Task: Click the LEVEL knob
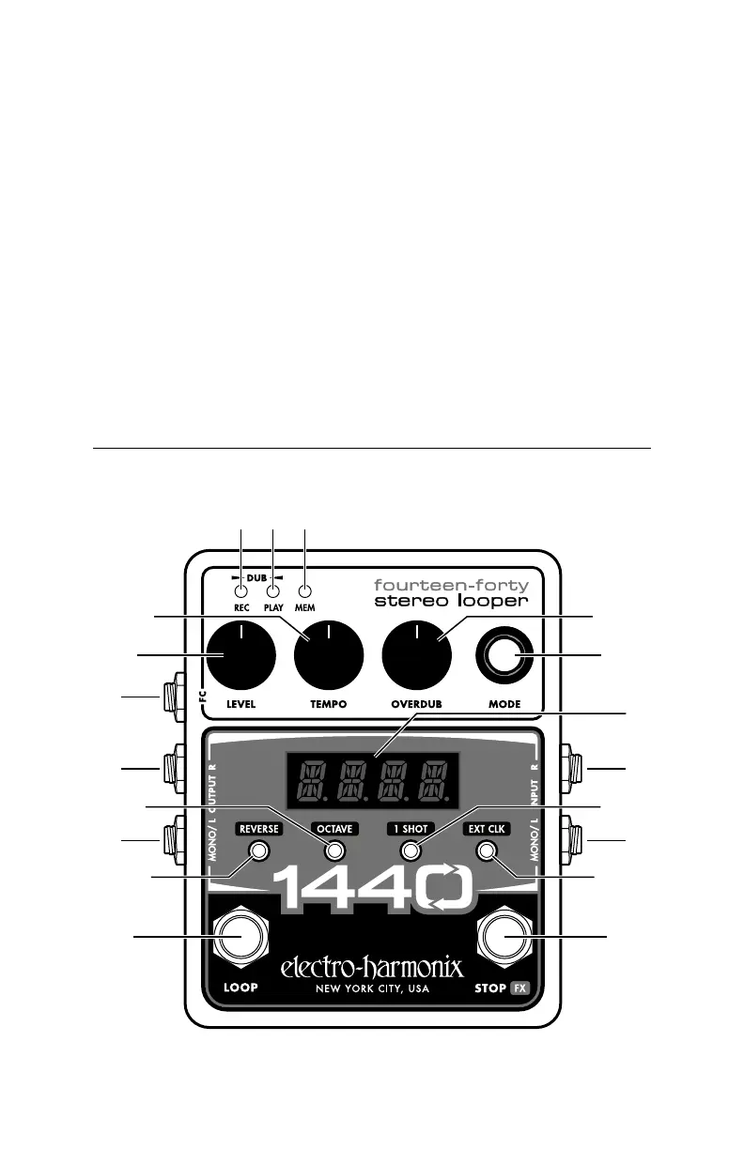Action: click(240, 655)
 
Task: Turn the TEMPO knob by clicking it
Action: click(329, 655)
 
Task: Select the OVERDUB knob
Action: click(417, 655)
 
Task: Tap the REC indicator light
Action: click(241, 591)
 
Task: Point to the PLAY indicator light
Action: click(273, 591)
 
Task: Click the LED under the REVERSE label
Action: click(259, 851)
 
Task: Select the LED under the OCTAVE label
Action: click(334, 851)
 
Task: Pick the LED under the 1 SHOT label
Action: click(410, 851)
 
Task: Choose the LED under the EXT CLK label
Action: click(486, 851)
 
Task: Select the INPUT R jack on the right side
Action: click(572, 769)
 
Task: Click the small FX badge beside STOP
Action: click(522, 988)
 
